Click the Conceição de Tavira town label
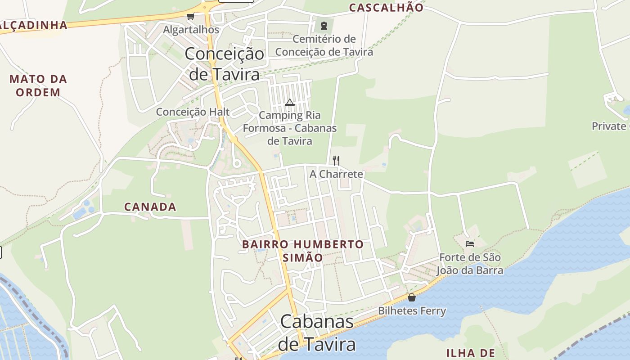[224, 63]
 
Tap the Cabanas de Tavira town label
[317, 333]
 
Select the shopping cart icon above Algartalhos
[190, 17]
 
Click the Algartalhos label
[191, 30]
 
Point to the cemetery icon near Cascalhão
[324, 25]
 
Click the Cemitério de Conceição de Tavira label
[324, 45]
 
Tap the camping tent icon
[289, 102]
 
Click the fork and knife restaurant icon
[336, 160]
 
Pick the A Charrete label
[336, 174]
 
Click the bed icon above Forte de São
[470, 244]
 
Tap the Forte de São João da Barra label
[470, 264]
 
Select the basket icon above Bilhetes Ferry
[412, 297]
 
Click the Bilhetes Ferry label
[412, 311]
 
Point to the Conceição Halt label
[193, 112]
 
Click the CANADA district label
[150, 207]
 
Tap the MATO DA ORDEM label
[38, 86]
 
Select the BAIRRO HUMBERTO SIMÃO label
[303, 251]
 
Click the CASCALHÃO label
[386, 8]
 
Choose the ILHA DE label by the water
[470, 353]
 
